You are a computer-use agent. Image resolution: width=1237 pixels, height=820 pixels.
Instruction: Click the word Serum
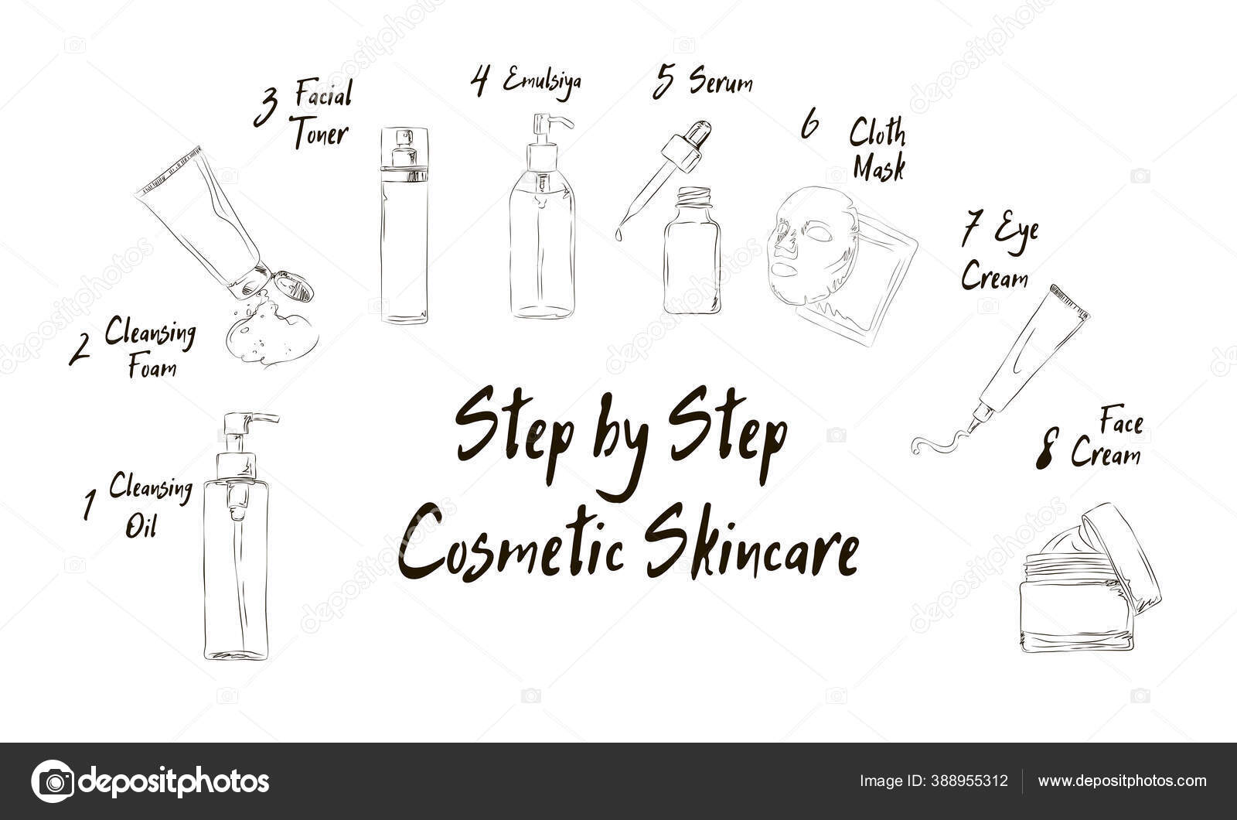721,81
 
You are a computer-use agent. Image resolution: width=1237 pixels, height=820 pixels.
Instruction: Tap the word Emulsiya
541,80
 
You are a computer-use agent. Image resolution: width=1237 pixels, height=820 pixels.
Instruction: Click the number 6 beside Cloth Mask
809,125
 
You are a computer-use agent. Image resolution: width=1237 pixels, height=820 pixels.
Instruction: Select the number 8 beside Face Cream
1046,452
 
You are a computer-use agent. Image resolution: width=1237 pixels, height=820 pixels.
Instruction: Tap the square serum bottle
692,255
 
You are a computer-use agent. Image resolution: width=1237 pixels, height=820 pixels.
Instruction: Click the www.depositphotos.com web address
1122,781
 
